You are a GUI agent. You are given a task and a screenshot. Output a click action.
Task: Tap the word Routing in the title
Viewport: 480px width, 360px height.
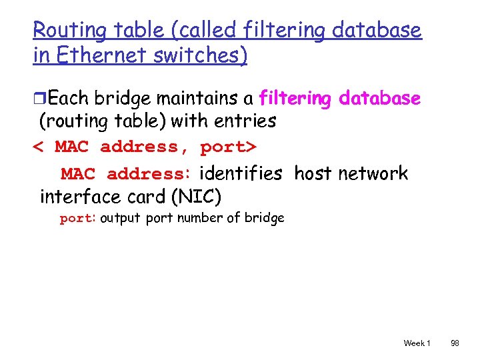63,30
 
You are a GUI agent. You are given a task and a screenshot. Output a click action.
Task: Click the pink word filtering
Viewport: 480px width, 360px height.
295,99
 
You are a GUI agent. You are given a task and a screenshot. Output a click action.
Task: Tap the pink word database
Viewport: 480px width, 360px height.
380,99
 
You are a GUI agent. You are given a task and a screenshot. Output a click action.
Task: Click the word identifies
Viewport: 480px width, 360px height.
241,174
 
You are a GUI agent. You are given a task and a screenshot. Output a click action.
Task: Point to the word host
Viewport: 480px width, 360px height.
313,174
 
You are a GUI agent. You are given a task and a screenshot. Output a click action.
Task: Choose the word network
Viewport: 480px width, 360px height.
373,174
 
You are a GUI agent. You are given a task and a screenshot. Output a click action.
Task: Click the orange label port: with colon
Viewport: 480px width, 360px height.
78,218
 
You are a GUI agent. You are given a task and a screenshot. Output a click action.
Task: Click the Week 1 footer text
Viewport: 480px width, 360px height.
417,343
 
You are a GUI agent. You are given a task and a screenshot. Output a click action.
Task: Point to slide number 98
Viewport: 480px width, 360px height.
455,343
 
